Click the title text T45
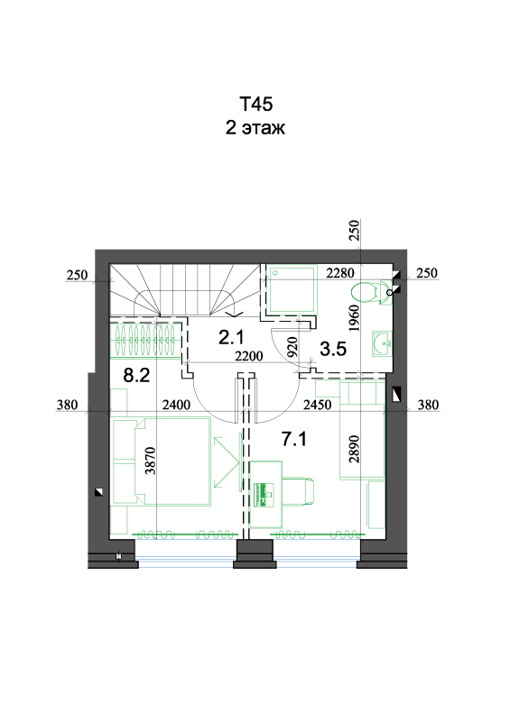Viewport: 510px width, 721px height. [255, 104]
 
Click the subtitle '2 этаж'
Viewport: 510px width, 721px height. [255, 127]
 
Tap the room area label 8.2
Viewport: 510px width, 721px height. [137, 375]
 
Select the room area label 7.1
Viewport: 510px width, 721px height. [294, 439]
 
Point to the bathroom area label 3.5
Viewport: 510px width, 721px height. [333, 349]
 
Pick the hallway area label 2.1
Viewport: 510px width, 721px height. [231, 337]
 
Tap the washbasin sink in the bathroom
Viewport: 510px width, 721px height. [382, 343]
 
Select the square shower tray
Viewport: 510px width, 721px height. [292, 289]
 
